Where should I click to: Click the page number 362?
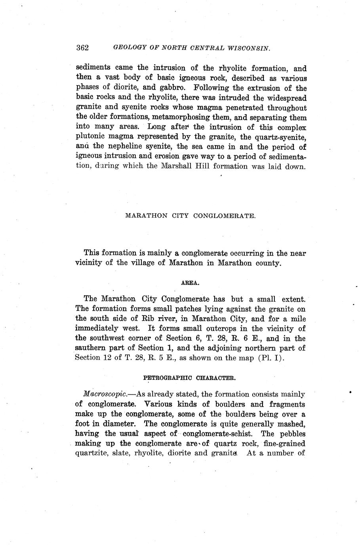82,48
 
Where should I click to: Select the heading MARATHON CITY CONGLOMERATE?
190,216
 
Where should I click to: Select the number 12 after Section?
107,358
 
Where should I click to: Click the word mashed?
291,424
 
